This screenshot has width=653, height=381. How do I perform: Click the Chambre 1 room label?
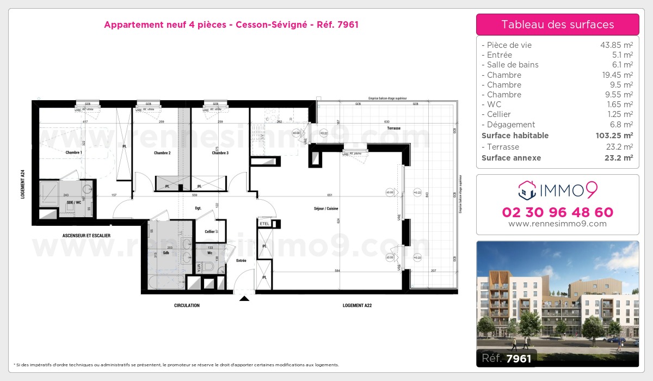[73, 152]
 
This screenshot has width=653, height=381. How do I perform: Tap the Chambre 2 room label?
[162, 153]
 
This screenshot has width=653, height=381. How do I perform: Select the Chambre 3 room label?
[220, 153]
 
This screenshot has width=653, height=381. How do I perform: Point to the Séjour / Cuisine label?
[326, 208]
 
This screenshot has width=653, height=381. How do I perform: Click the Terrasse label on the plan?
[394, 128]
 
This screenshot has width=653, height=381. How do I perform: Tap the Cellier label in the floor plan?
[210, 231]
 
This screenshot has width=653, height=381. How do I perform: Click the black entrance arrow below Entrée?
[244, 298]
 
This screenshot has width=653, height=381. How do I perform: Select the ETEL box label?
[265, 224]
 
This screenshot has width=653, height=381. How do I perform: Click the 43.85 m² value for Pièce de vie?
[616, 45]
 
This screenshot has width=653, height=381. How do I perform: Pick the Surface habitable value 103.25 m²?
[612, 136]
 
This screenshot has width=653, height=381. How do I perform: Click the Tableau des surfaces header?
[557, 24]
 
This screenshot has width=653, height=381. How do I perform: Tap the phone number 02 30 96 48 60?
[557, 212]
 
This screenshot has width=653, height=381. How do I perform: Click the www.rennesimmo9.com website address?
[557, 224]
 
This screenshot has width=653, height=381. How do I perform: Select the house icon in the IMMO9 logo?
[526, 190]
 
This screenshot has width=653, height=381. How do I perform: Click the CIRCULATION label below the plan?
[187, 305]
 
